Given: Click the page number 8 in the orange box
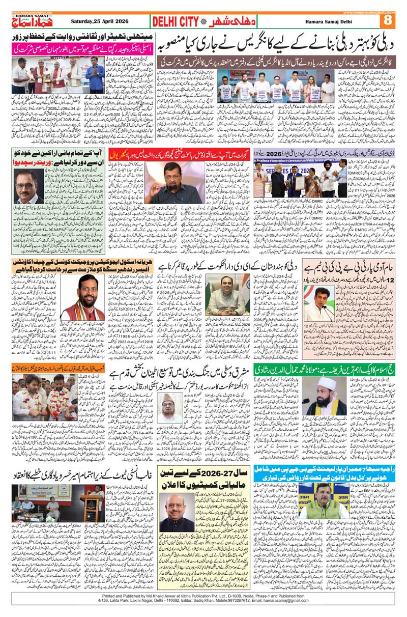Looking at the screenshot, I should point(389,20).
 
